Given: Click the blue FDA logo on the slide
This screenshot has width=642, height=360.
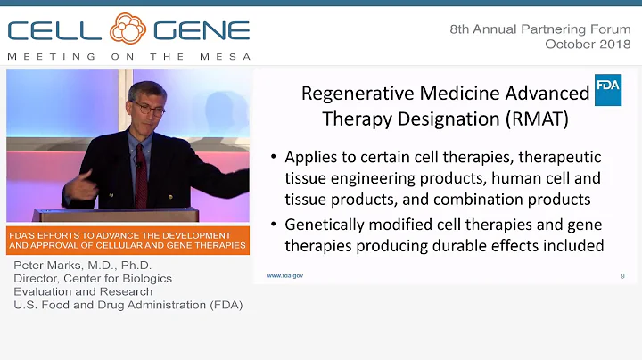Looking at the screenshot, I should click(x=608, y=90).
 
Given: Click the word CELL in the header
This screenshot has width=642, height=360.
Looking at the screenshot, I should click(x=55, y=32).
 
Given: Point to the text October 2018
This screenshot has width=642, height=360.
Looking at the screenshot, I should click(x=588, y=43).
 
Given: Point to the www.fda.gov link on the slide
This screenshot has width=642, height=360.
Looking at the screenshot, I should click(x=285, y=275).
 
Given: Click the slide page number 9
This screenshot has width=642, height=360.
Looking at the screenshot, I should click(x=621, y=276).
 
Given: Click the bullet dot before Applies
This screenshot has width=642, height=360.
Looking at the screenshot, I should click(x=275, y=158).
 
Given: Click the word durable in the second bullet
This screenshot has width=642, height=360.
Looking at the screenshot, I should click(x=465, y=246).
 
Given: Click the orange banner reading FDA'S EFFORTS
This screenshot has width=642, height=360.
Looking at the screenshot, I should click(x=126, y=240).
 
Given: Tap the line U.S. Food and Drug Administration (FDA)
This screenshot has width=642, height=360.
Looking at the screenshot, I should click(x=128, y=304).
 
